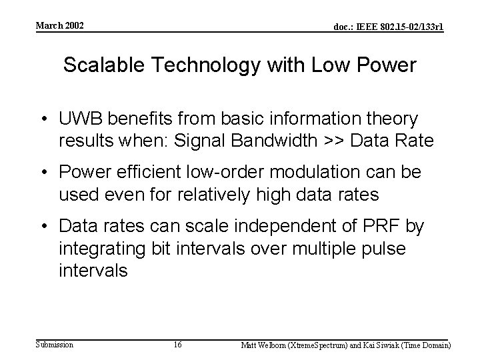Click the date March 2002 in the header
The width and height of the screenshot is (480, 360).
[x=59, y=25]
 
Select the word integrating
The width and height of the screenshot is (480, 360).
[x=96, y=248]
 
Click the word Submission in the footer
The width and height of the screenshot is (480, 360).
[x=55, y=345]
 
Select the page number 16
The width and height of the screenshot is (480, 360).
[x=177, y=345]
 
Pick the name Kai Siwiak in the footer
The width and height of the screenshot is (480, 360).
[x=383, y=345]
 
